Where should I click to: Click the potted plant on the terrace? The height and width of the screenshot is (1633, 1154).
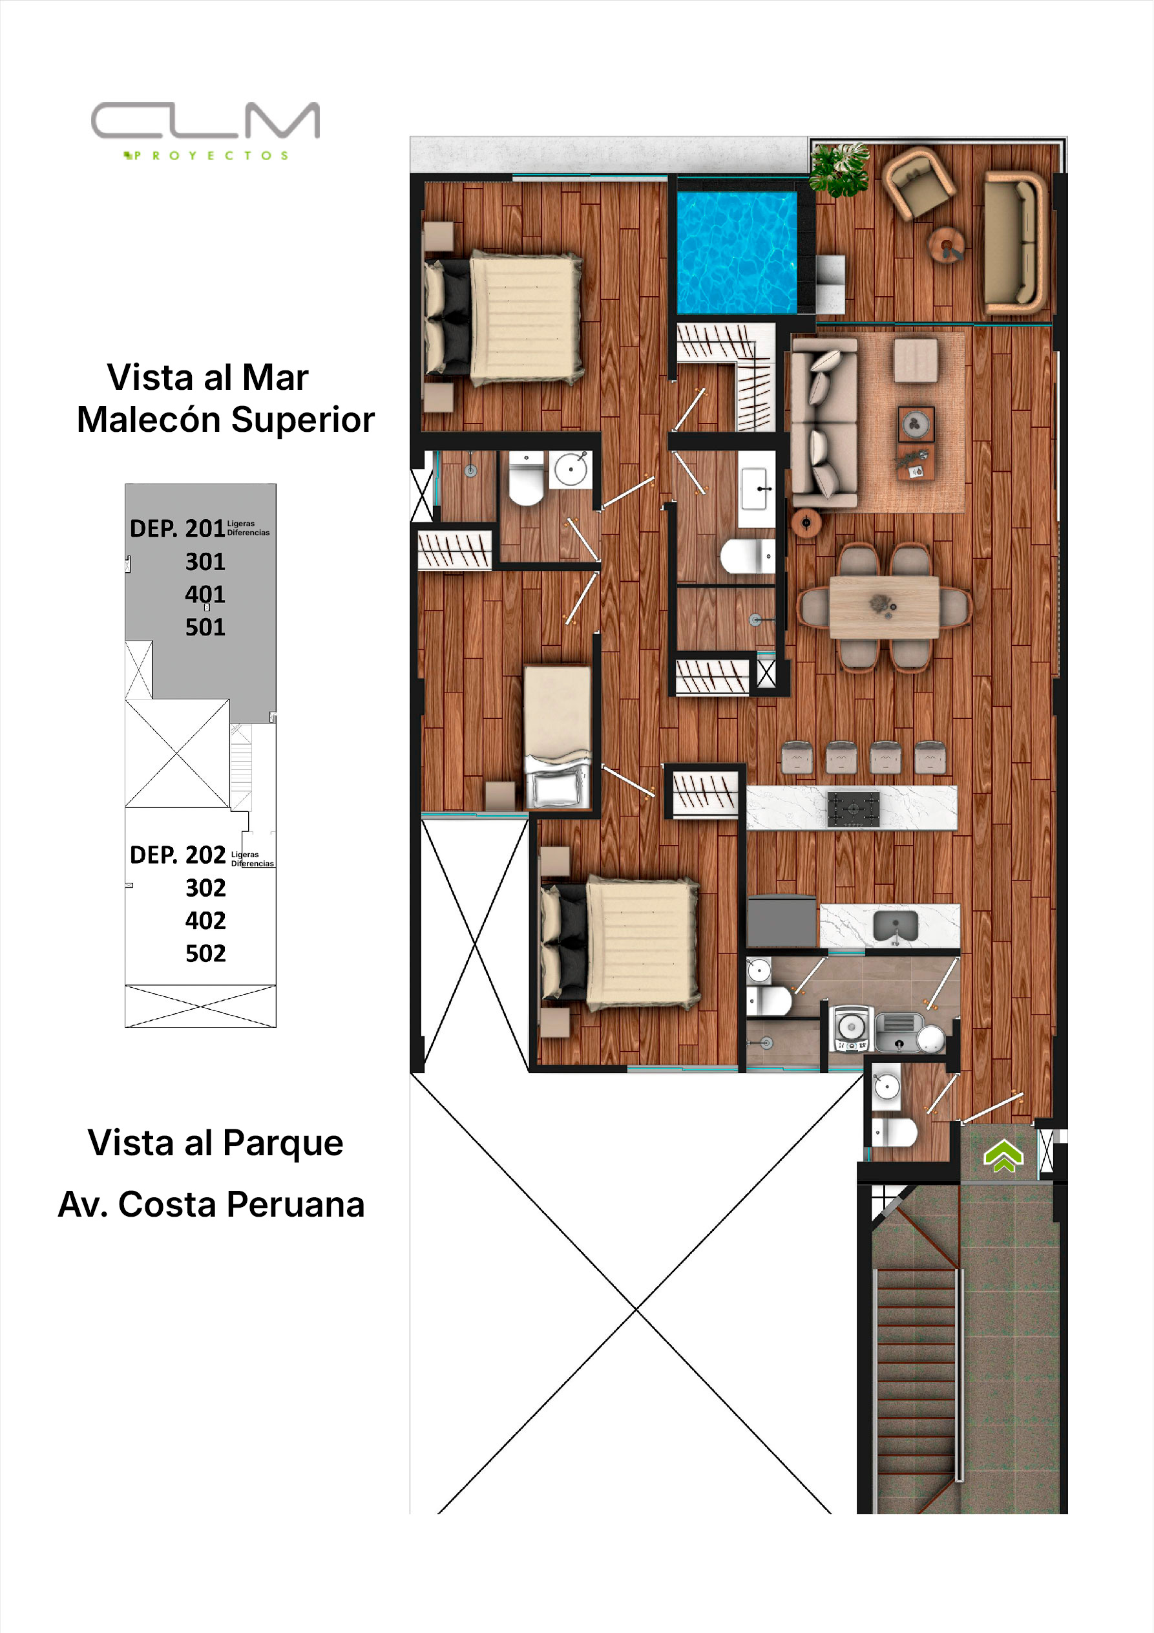click(840, 169)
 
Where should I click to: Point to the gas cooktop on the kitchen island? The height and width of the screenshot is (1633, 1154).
click(854, 809)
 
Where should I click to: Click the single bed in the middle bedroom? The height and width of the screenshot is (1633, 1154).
click(558, 737)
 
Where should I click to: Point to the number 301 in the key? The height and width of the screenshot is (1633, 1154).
click(205, 562)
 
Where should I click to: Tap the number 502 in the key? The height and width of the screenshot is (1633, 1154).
click(205, 953)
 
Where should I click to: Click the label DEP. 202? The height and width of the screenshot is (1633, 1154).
click(178, 855)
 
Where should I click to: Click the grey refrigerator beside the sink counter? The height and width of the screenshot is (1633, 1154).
click(781, 921)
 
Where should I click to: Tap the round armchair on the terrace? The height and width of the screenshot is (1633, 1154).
click(918, 182)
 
